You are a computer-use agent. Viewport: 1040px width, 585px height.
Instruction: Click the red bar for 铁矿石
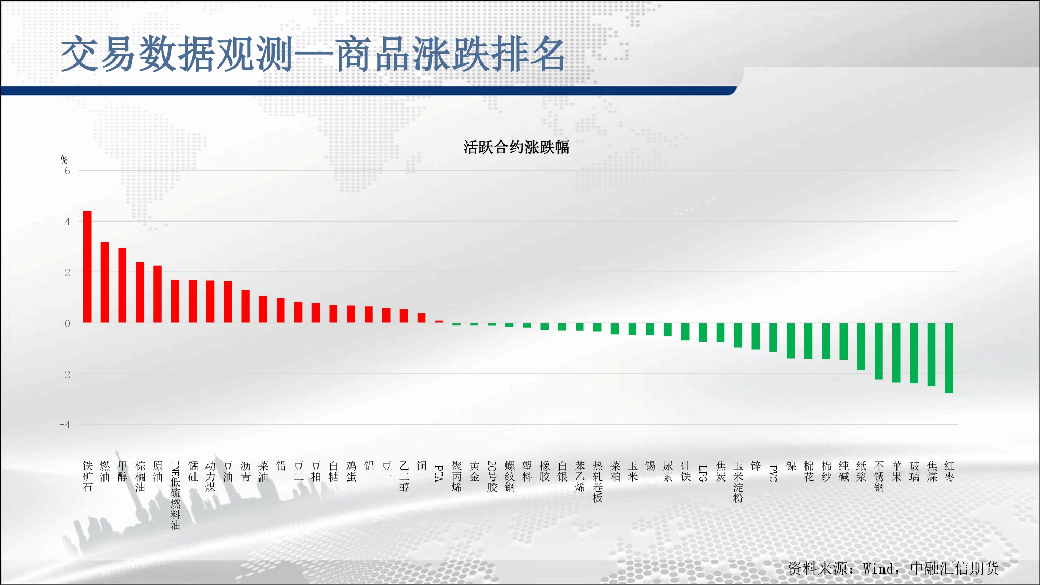pos(87,267)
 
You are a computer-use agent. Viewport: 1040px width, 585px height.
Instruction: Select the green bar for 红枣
pos(949,358)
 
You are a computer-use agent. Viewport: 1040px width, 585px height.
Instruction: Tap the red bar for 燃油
pos(105,282)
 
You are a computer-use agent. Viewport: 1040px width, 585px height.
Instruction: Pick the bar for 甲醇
pos(122,285)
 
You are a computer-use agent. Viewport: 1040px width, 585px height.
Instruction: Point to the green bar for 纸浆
pos(861,346)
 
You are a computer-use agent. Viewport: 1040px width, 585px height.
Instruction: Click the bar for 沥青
pos(245,306)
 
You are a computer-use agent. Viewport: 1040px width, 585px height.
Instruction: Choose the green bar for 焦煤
pos(931,355)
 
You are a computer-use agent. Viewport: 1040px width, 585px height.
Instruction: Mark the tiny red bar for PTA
pos(439,322)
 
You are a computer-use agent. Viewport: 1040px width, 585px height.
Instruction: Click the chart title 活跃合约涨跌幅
pos(516,147)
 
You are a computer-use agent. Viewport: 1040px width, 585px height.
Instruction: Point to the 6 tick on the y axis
pos(67,171)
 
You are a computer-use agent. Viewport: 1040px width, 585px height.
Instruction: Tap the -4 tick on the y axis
pos(64,425)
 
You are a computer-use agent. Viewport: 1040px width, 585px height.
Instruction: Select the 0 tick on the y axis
pos(67,323)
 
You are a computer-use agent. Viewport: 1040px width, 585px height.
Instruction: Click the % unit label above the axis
pos(64,160)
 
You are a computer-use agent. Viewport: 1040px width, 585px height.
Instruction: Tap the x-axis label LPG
pos(703,473)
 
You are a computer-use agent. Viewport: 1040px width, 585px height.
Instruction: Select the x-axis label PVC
pos(773,473)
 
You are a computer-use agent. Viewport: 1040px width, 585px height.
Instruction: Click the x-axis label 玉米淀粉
pos(738,482)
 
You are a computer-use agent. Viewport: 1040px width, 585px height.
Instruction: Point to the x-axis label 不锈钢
pos(879,476)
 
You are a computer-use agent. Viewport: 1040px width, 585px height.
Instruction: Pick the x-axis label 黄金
pos(474,471)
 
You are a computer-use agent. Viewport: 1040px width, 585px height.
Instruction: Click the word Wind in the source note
pos(878,568)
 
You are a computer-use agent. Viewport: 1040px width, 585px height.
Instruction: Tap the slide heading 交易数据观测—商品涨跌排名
pos(313,55)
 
